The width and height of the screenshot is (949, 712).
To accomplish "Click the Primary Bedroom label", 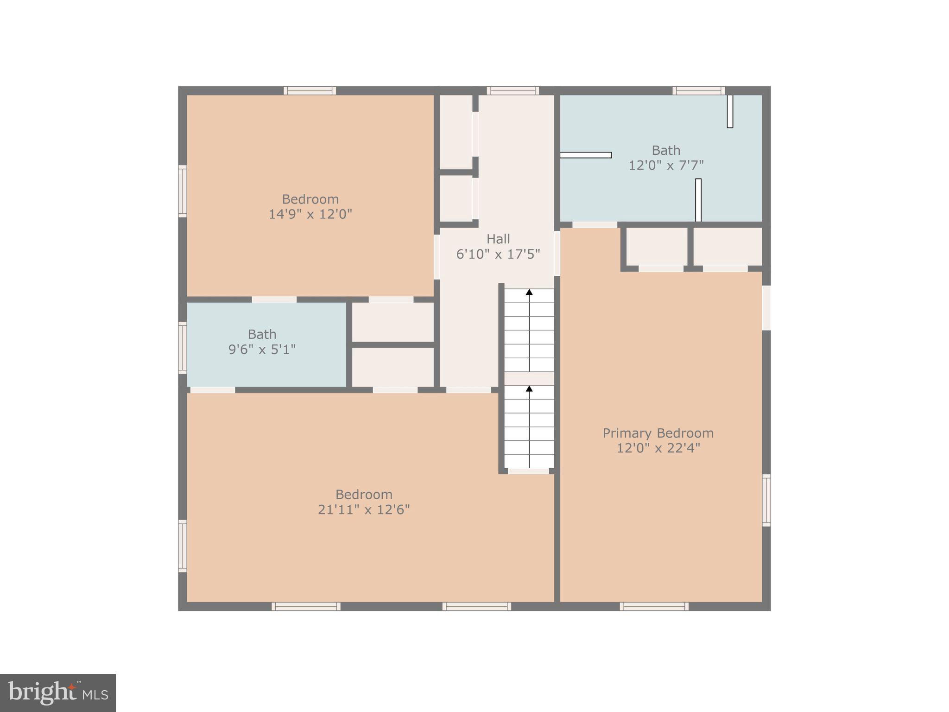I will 658,433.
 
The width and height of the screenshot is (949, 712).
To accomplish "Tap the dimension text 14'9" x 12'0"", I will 310,214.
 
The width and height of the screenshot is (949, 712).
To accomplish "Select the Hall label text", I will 498,239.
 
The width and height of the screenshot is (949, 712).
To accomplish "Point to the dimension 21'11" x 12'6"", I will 364,509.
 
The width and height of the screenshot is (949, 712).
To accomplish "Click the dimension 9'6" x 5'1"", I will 262,349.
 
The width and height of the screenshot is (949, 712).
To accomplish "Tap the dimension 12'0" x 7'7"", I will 666,165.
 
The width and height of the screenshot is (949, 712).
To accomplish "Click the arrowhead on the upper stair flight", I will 529,292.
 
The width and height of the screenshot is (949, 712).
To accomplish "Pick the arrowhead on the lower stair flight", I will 529,388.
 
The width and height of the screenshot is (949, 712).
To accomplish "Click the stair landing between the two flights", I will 529,378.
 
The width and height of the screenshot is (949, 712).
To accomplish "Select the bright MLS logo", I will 58,693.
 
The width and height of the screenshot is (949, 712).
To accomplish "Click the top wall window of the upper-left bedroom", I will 310,90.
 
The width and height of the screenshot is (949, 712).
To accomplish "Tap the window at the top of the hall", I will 512,90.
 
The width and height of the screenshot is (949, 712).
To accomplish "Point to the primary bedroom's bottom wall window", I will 654,606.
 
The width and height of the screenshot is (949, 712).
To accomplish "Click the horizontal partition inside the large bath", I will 586,155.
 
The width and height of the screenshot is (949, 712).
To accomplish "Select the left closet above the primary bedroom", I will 657,247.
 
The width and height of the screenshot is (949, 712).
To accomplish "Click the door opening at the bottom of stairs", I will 528,471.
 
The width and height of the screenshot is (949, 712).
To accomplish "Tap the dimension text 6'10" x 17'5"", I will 498,254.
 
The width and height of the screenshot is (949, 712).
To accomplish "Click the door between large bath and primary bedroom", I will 595,225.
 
